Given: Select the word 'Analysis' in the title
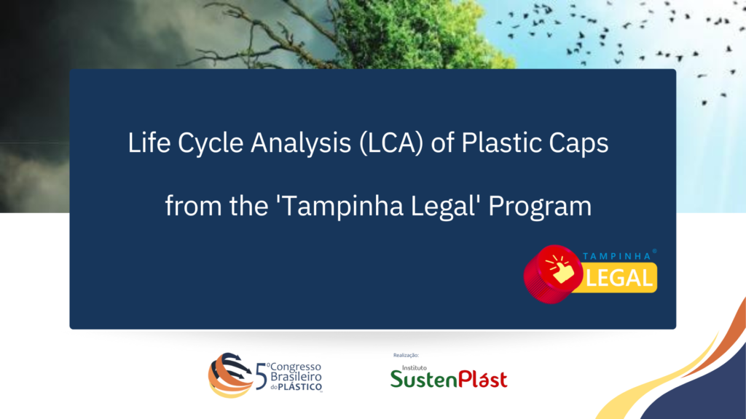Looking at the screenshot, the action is tap(301, 143).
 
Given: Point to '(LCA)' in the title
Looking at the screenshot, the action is tap(391, 143).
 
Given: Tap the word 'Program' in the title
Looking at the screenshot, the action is tap(540, 207).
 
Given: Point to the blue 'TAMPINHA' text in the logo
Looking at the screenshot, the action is tap(616, 257).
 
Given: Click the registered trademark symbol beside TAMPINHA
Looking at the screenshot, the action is tap(655, 251).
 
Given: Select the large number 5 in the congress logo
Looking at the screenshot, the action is tap(262, 377).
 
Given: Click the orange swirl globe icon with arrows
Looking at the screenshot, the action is tap(230, 375).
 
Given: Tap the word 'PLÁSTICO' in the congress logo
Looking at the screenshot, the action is tap(299, 387).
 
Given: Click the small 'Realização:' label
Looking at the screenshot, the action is tap(406, 355).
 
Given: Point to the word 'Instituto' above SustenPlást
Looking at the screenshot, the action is tap(415, 367).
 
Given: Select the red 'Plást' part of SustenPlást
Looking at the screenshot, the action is tap(482, 378).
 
